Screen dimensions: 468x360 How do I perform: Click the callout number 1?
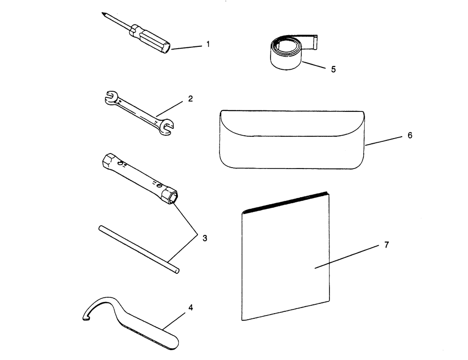tap(208, 44)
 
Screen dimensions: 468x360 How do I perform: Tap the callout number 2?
tap(190, 98)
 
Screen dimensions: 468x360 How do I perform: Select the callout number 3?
tap(205, 238)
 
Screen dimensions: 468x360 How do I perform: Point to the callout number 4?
tap(191, 308)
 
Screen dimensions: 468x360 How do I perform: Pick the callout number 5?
tap(333, 69)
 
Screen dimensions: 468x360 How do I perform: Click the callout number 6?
tap(410, 135)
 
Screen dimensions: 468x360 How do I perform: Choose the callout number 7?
tap(387, 245)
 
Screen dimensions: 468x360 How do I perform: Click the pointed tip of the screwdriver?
tap(102, 13)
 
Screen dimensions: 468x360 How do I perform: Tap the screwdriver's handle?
tap(151, 40)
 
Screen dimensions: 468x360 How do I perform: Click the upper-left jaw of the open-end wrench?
tap(110, 96)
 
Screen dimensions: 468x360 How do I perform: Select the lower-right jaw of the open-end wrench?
tap(166, 126)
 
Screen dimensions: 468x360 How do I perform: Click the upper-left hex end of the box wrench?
tap(107, 161)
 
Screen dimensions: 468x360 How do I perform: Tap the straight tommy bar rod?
tap(139, 250)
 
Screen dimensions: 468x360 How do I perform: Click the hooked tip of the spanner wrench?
tap(86, 318)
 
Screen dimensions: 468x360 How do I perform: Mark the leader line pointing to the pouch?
tap(384, 141)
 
